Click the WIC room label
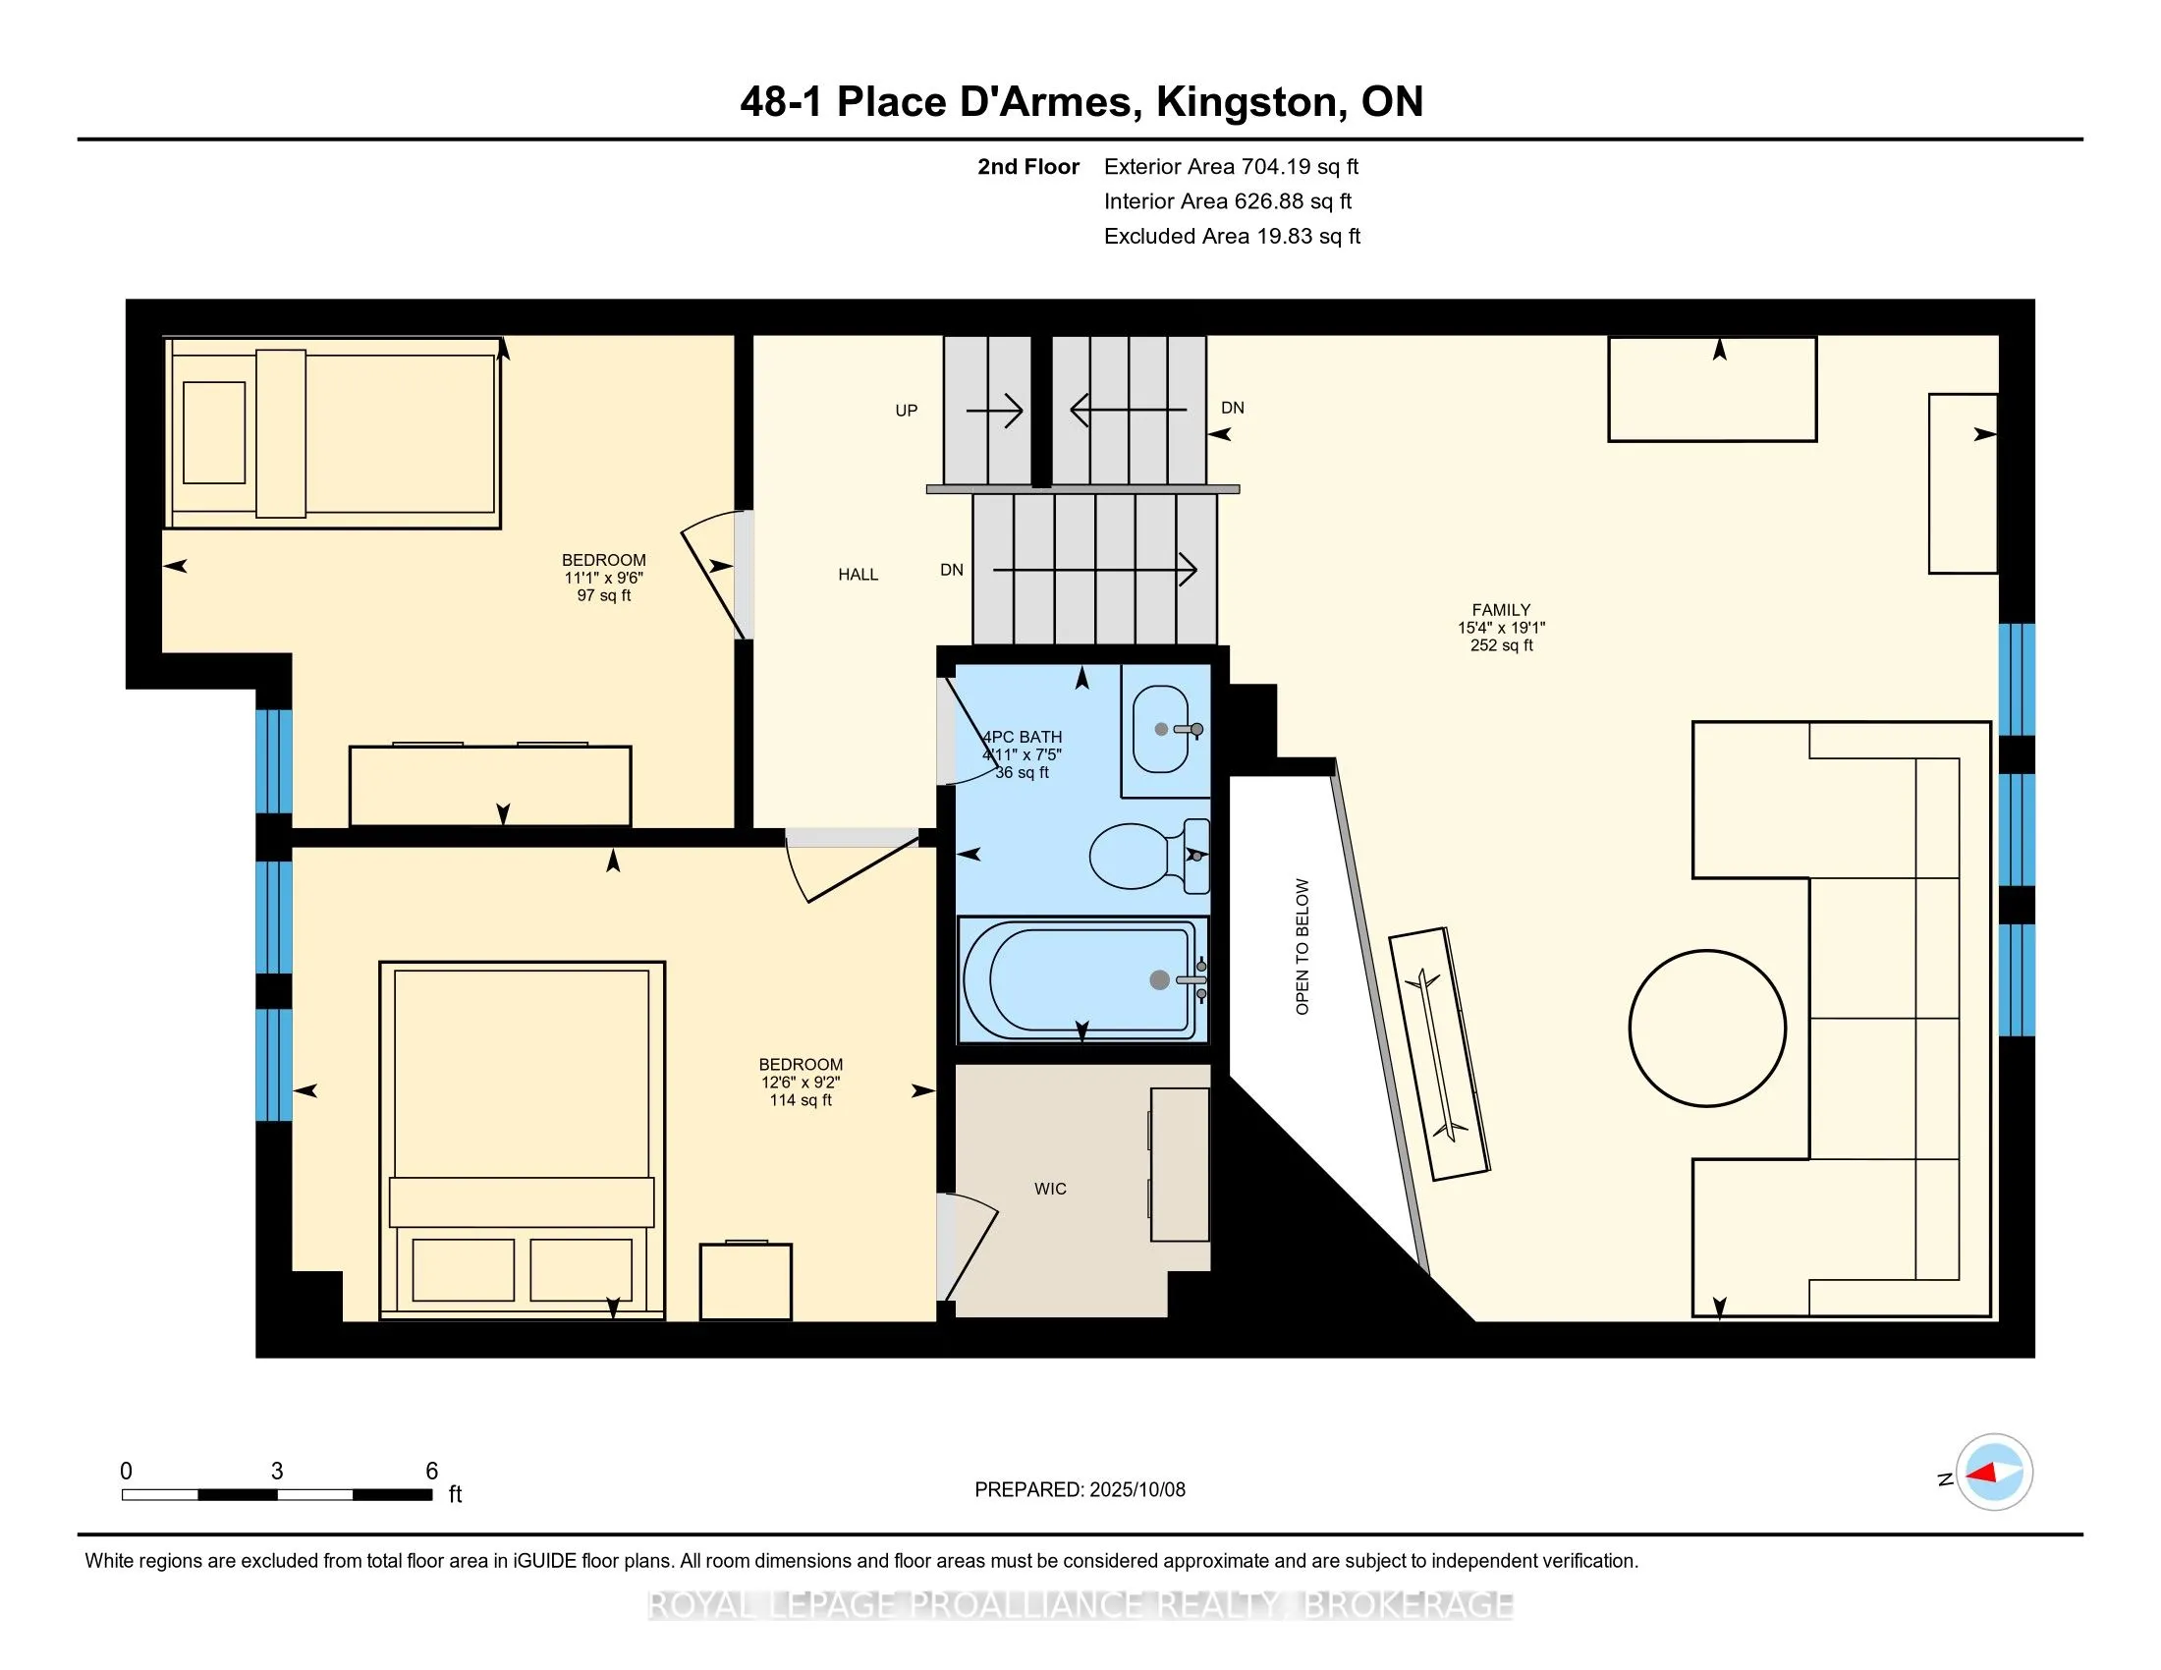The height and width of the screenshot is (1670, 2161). [1050, 1189]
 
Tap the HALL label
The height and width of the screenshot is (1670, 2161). [858, 574]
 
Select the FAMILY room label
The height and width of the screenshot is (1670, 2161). [1501, 609]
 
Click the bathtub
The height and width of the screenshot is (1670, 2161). [1082, 978]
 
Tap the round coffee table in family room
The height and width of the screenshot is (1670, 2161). [1707, 1027]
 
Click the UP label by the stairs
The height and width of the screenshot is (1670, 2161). [907, 411]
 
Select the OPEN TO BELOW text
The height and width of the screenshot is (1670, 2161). [1302, 947]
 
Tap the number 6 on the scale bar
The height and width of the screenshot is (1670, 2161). [431, 1472]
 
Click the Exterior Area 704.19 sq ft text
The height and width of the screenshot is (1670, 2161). [1232, 166]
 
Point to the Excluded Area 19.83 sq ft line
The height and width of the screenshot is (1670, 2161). [1232, 236]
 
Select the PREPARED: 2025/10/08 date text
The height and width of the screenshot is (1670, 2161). [1080, 1489]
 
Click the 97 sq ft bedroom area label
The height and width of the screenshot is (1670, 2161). [603, 595]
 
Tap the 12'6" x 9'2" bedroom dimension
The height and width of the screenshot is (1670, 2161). [801, 1083]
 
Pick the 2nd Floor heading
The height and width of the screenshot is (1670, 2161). [1028, 166]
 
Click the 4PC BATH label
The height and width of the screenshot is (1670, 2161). [1023, 737]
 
